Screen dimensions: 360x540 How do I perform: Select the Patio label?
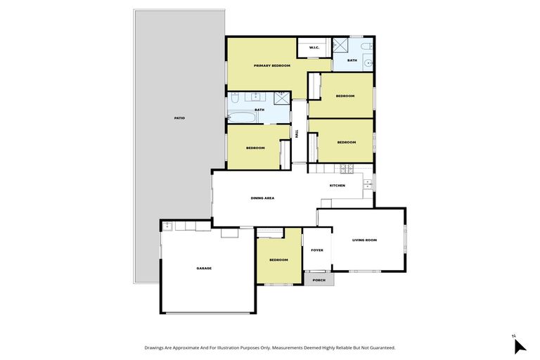pyautogui.click(x=179, y=117)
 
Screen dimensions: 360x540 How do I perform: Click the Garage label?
pyautogui.click(x=204, y=268)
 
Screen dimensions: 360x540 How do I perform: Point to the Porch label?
pyautogui.click(x=319, y=280)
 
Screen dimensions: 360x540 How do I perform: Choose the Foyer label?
pyautogui.click(x=317, y=250)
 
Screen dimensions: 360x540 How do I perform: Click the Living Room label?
pyautogui.click(x=364, y=240)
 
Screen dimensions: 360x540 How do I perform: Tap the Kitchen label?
pyautogui.click(x=337, y=185)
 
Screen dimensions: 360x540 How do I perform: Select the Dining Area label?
pyautogui.click(x=262, y=198)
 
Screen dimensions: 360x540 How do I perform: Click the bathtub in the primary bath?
pyautogui.click(x=243, y=117)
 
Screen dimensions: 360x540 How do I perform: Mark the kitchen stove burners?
pyautogui.click(x=346, y=169)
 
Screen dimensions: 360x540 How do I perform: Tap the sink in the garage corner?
pyautogui.click(x=167, y=226)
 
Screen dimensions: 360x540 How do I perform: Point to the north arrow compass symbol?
pyautogui.click(x=518, y=345)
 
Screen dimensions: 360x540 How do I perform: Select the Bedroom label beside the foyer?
pyautogui.click(x=278, y=260)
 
